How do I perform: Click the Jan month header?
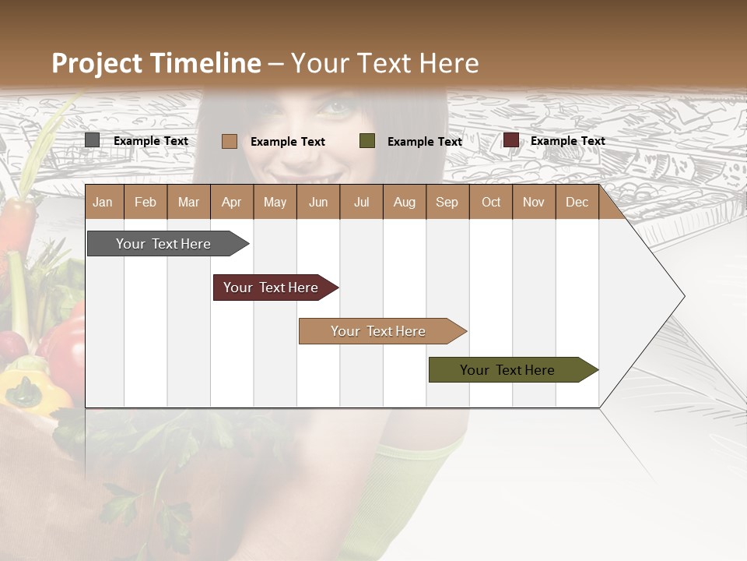(x=103, y=203)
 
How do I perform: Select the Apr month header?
(x=231, y=203)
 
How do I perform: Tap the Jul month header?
(x=361, y=203)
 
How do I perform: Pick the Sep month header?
(x=447, y=203)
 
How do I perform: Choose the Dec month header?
(x=577, y=203)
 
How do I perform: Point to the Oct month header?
(x=490, y=203)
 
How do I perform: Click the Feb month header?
(x=146, y=203)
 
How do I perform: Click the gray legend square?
(x=93, y=140)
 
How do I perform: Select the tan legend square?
(x=229, y=141)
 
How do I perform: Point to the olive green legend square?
(x=367, y=141)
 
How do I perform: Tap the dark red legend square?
(x=511, y=140)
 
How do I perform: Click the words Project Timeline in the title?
(x=156, y=63)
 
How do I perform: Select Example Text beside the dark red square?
(x=567, y=141)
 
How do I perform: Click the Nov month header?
(x=533, y=203)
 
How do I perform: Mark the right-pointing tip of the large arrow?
(x=683, y=296)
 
